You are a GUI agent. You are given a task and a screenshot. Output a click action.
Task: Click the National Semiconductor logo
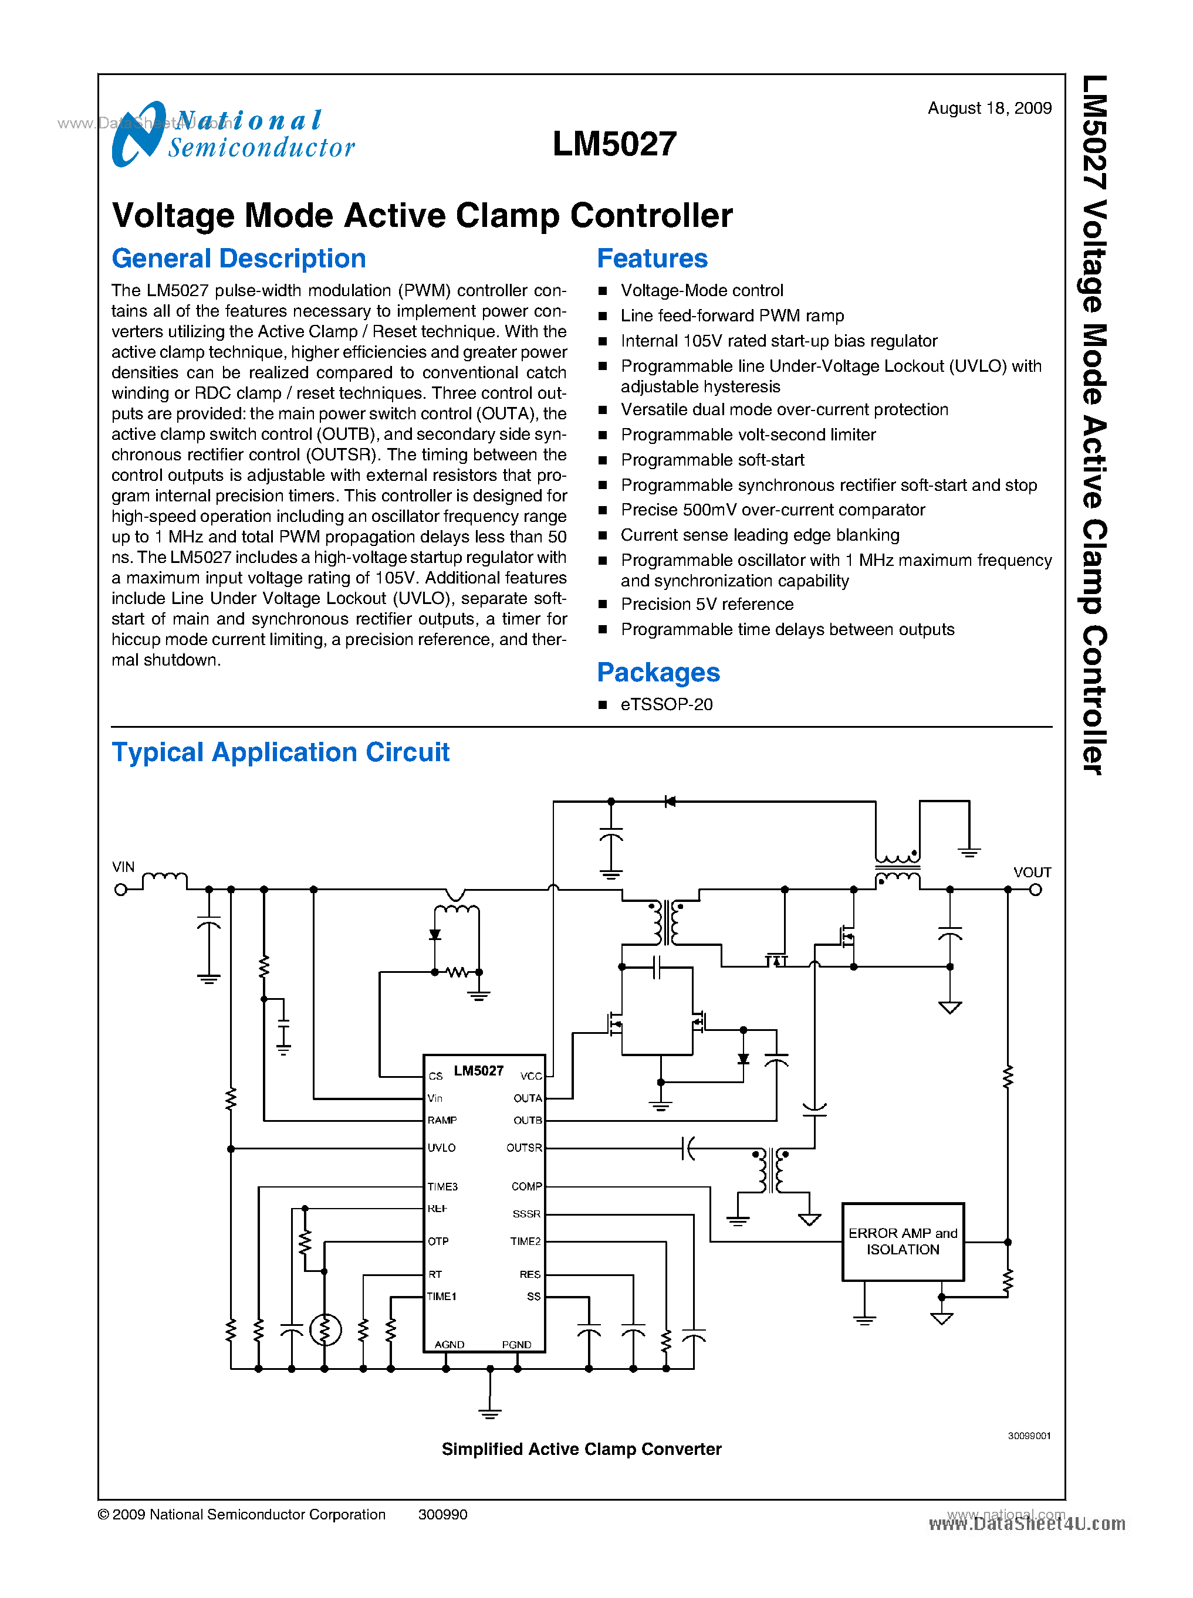tap(232, 134)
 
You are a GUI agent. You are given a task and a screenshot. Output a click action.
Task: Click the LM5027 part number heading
tap(614, 144)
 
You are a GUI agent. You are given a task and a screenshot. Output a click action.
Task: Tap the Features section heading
tap(651, 259)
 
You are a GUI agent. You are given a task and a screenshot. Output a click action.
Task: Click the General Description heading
tap(238, 259)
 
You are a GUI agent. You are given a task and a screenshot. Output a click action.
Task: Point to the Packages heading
tap(657, 672)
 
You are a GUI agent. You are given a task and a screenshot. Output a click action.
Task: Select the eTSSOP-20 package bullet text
tap(666, 704)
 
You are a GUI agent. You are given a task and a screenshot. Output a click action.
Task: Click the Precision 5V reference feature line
tap(707, 604)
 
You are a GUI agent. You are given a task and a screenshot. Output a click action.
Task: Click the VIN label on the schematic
tap(123, 866)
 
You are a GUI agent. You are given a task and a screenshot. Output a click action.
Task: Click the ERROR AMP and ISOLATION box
tap(902, 1241)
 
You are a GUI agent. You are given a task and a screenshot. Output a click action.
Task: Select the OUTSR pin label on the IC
tap(523, 1148)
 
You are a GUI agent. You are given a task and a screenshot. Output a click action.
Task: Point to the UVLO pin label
tap(441, 1148)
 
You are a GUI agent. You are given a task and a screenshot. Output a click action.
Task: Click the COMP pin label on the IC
tap(526, 1186)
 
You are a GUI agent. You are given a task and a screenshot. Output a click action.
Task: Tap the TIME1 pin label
tap(441, 1297)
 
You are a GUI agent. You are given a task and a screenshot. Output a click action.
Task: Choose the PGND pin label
tap(516, 1345)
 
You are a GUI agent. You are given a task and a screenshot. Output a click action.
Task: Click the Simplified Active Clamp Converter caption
tap(582, 1449)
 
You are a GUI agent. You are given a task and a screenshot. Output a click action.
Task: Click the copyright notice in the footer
tap(242, 1514)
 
